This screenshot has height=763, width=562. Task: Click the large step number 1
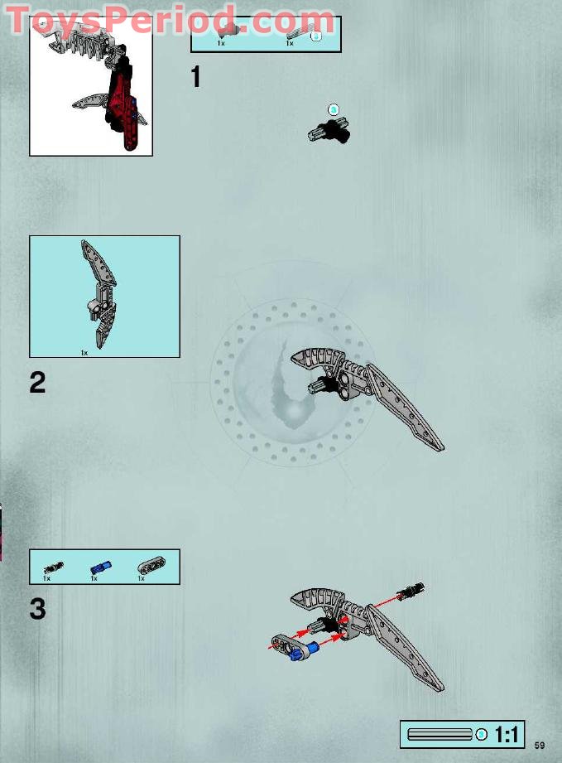pyautogui.click(x=195, y=77)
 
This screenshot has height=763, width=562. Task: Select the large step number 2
pyautogui.click(x=38, y=383)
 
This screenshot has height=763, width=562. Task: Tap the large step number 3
pyautogui.click(x=38, y=609)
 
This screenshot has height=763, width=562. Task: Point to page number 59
pyautogui.click(x=540, y=744)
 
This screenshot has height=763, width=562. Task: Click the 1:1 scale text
pyautogui.click(x=507, y=735)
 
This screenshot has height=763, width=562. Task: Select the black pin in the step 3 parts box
pyautogui.click(x=54, y=567)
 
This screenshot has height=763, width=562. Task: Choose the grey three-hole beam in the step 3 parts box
pyautogui.click(x=150, y=566)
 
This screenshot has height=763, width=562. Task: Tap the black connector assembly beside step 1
pyautogui.click(x=329, y=129)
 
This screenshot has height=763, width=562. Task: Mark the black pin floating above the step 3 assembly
pyautogui.click(x=411, y=591)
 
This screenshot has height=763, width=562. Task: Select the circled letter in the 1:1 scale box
pyautogui.click(x=482, y=735)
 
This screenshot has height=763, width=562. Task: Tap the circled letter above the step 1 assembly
pyautogui.click(x=334, y=109)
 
